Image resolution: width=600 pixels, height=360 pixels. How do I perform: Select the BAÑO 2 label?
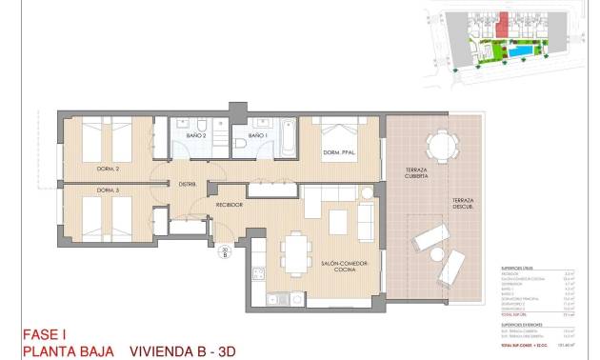[197, 136]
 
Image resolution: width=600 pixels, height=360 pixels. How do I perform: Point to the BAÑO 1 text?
[256, 136]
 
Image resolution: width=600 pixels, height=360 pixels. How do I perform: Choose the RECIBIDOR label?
[230, 205]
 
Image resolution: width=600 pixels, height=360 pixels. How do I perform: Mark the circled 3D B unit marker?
[225, 253]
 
